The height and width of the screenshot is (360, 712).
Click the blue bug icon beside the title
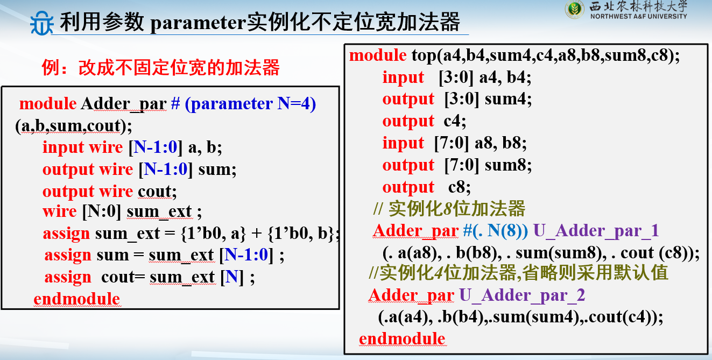tap(41, 23)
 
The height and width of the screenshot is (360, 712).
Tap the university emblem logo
tap(574, 9)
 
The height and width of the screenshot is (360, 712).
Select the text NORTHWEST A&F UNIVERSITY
tap(639, 16)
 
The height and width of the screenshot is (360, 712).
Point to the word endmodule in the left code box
tap(76, 299)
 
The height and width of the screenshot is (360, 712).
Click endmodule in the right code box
tap(402, 338)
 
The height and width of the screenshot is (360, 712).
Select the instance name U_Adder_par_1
tap(596, 230)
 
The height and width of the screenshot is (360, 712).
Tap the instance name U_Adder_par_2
tap(522, 295)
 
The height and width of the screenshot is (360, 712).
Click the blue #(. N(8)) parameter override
tap(496, 230)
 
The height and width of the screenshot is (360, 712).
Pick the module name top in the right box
tap(424, 55)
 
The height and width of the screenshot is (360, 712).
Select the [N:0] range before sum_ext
tap(102, 211)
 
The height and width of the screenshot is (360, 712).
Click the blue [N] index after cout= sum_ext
tap(232, 277)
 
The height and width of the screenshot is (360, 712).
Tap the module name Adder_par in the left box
tap(124, 103)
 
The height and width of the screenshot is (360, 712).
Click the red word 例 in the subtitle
tap(51, 68)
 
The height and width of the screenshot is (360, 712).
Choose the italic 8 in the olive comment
tap(447, 209)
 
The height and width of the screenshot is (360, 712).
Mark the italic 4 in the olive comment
tap(439, 273)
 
